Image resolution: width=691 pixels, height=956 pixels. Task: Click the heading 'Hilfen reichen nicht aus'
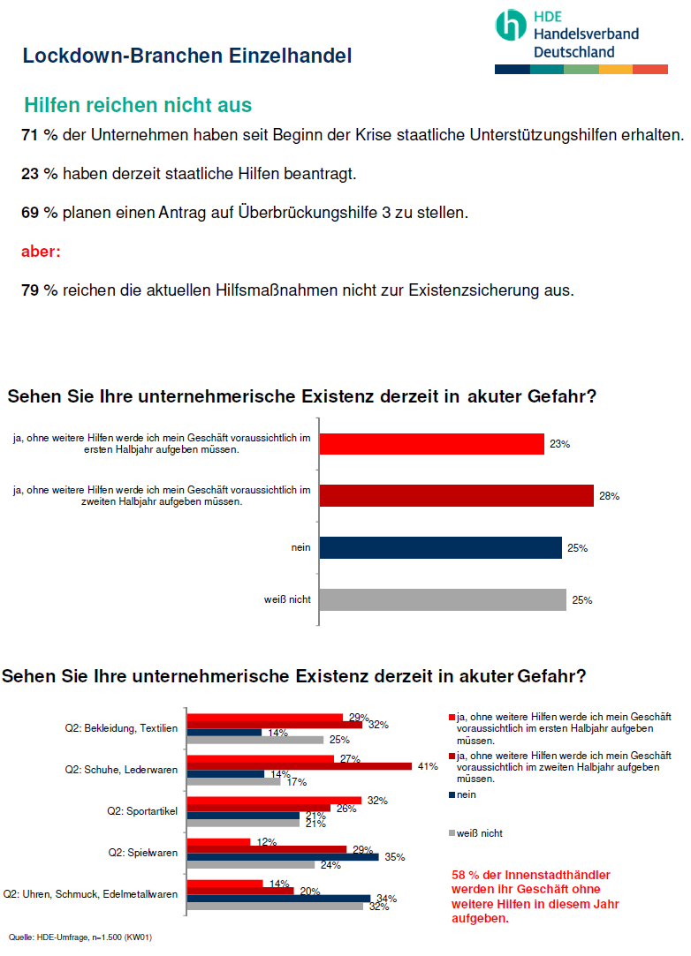click(x=138, y=106)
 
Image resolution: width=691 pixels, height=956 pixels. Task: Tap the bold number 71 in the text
click(x=30, y=136)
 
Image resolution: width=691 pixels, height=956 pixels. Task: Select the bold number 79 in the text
click(x=30, y=290)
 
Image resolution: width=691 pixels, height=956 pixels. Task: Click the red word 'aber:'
click(x=41, y=252)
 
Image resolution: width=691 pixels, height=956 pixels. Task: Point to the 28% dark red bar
click(x=456, y=496)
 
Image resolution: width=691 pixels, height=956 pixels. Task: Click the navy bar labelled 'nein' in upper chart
click(x=440, y=548)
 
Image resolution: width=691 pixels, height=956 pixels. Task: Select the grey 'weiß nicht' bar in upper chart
click(x=442, y=600)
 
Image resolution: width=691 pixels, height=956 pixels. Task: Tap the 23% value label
click(x=559, y=445)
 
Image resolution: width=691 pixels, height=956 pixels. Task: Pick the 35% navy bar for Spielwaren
click(x=283, y=856)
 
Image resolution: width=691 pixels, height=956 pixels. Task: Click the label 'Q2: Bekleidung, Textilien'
click(x=122, y=728)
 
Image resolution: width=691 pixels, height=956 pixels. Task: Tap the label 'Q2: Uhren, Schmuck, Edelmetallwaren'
click(x=91, y=893)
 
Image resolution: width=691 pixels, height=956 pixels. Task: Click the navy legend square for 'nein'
click(x=452, y=794)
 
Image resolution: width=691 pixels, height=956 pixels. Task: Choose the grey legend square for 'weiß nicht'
click(x=452, y=832)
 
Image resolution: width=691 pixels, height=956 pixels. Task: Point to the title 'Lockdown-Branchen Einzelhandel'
click(x=187, y=56)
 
